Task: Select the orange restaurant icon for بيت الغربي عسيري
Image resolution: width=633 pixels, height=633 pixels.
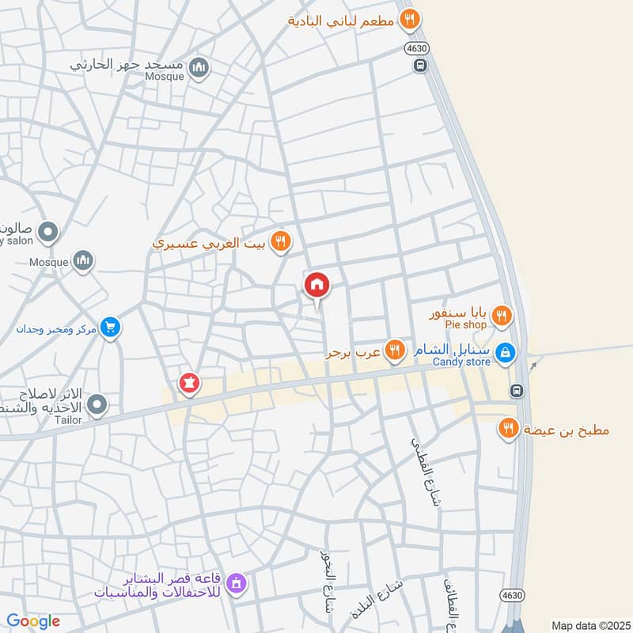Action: (279, 242)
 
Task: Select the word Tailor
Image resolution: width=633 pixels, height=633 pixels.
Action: (69, 420)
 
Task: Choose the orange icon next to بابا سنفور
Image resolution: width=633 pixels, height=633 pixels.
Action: (501, 317)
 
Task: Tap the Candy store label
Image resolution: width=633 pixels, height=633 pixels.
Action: (461, 362)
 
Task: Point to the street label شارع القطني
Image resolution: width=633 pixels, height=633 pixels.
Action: (425, 468)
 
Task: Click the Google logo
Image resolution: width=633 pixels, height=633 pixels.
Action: (32, 621)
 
